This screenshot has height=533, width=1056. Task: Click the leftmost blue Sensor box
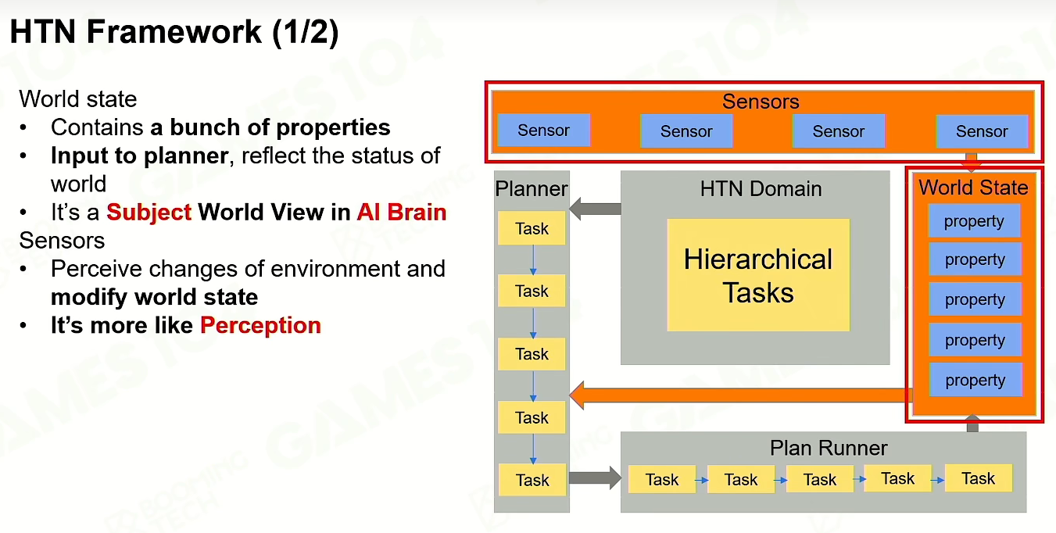coord(543,130)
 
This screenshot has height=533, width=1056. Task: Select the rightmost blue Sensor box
coord(982,131)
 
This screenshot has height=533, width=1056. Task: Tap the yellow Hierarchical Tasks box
coord(758,275)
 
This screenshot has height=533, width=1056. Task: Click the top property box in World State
coord(974,220)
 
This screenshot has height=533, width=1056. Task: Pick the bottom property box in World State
coord(975,380)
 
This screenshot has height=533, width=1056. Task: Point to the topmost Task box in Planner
coord(532,228)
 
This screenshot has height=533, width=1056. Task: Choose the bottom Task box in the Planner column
coord(532,480)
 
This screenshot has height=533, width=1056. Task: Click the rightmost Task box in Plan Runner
coord(978,478)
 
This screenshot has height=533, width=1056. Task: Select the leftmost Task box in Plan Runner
coord(662,479)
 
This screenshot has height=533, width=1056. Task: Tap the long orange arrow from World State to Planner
coord(741,395)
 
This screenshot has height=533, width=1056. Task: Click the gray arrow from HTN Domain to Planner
coord(596,209)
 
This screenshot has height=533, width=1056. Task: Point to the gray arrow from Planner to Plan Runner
coord(596,478)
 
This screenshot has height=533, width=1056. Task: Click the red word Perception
coord(261,325)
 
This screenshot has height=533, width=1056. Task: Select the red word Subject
coord(149,212)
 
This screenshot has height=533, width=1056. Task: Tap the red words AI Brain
coord(402,212)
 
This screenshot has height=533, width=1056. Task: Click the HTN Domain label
coord(761,188)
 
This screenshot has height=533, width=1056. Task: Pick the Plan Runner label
coord(829,448)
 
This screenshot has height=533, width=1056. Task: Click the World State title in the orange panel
coord(973,188)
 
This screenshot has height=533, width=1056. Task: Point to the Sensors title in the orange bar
coord(761,102)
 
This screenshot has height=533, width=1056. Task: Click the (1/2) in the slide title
coord(306,32)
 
